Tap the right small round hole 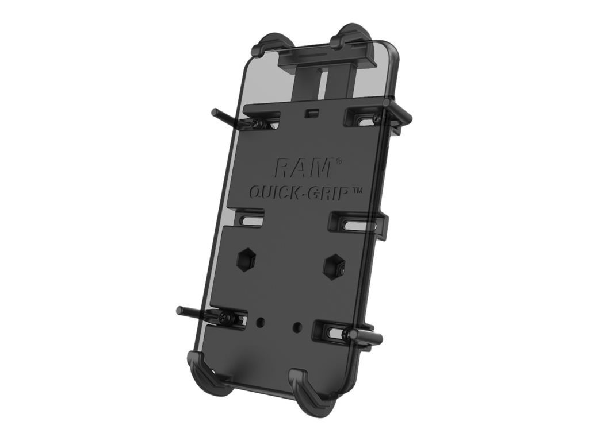(297, 327)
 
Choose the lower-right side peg (362, 333)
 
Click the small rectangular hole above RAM (313, 111)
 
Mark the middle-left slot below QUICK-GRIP (248, 220)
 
